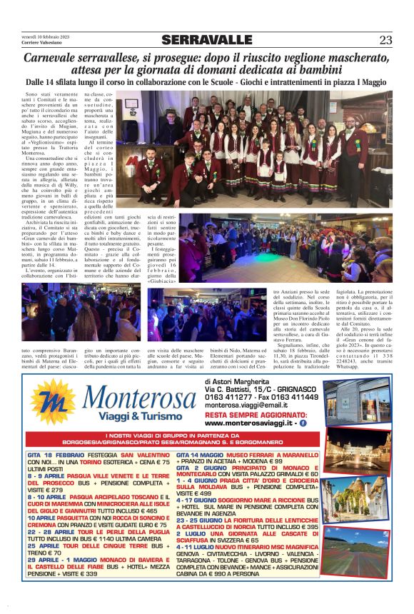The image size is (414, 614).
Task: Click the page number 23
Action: [x=385, y=40]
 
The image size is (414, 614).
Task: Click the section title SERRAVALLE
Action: [x=206, y=40]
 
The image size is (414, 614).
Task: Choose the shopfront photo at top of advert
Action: [x=357, y=401]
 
